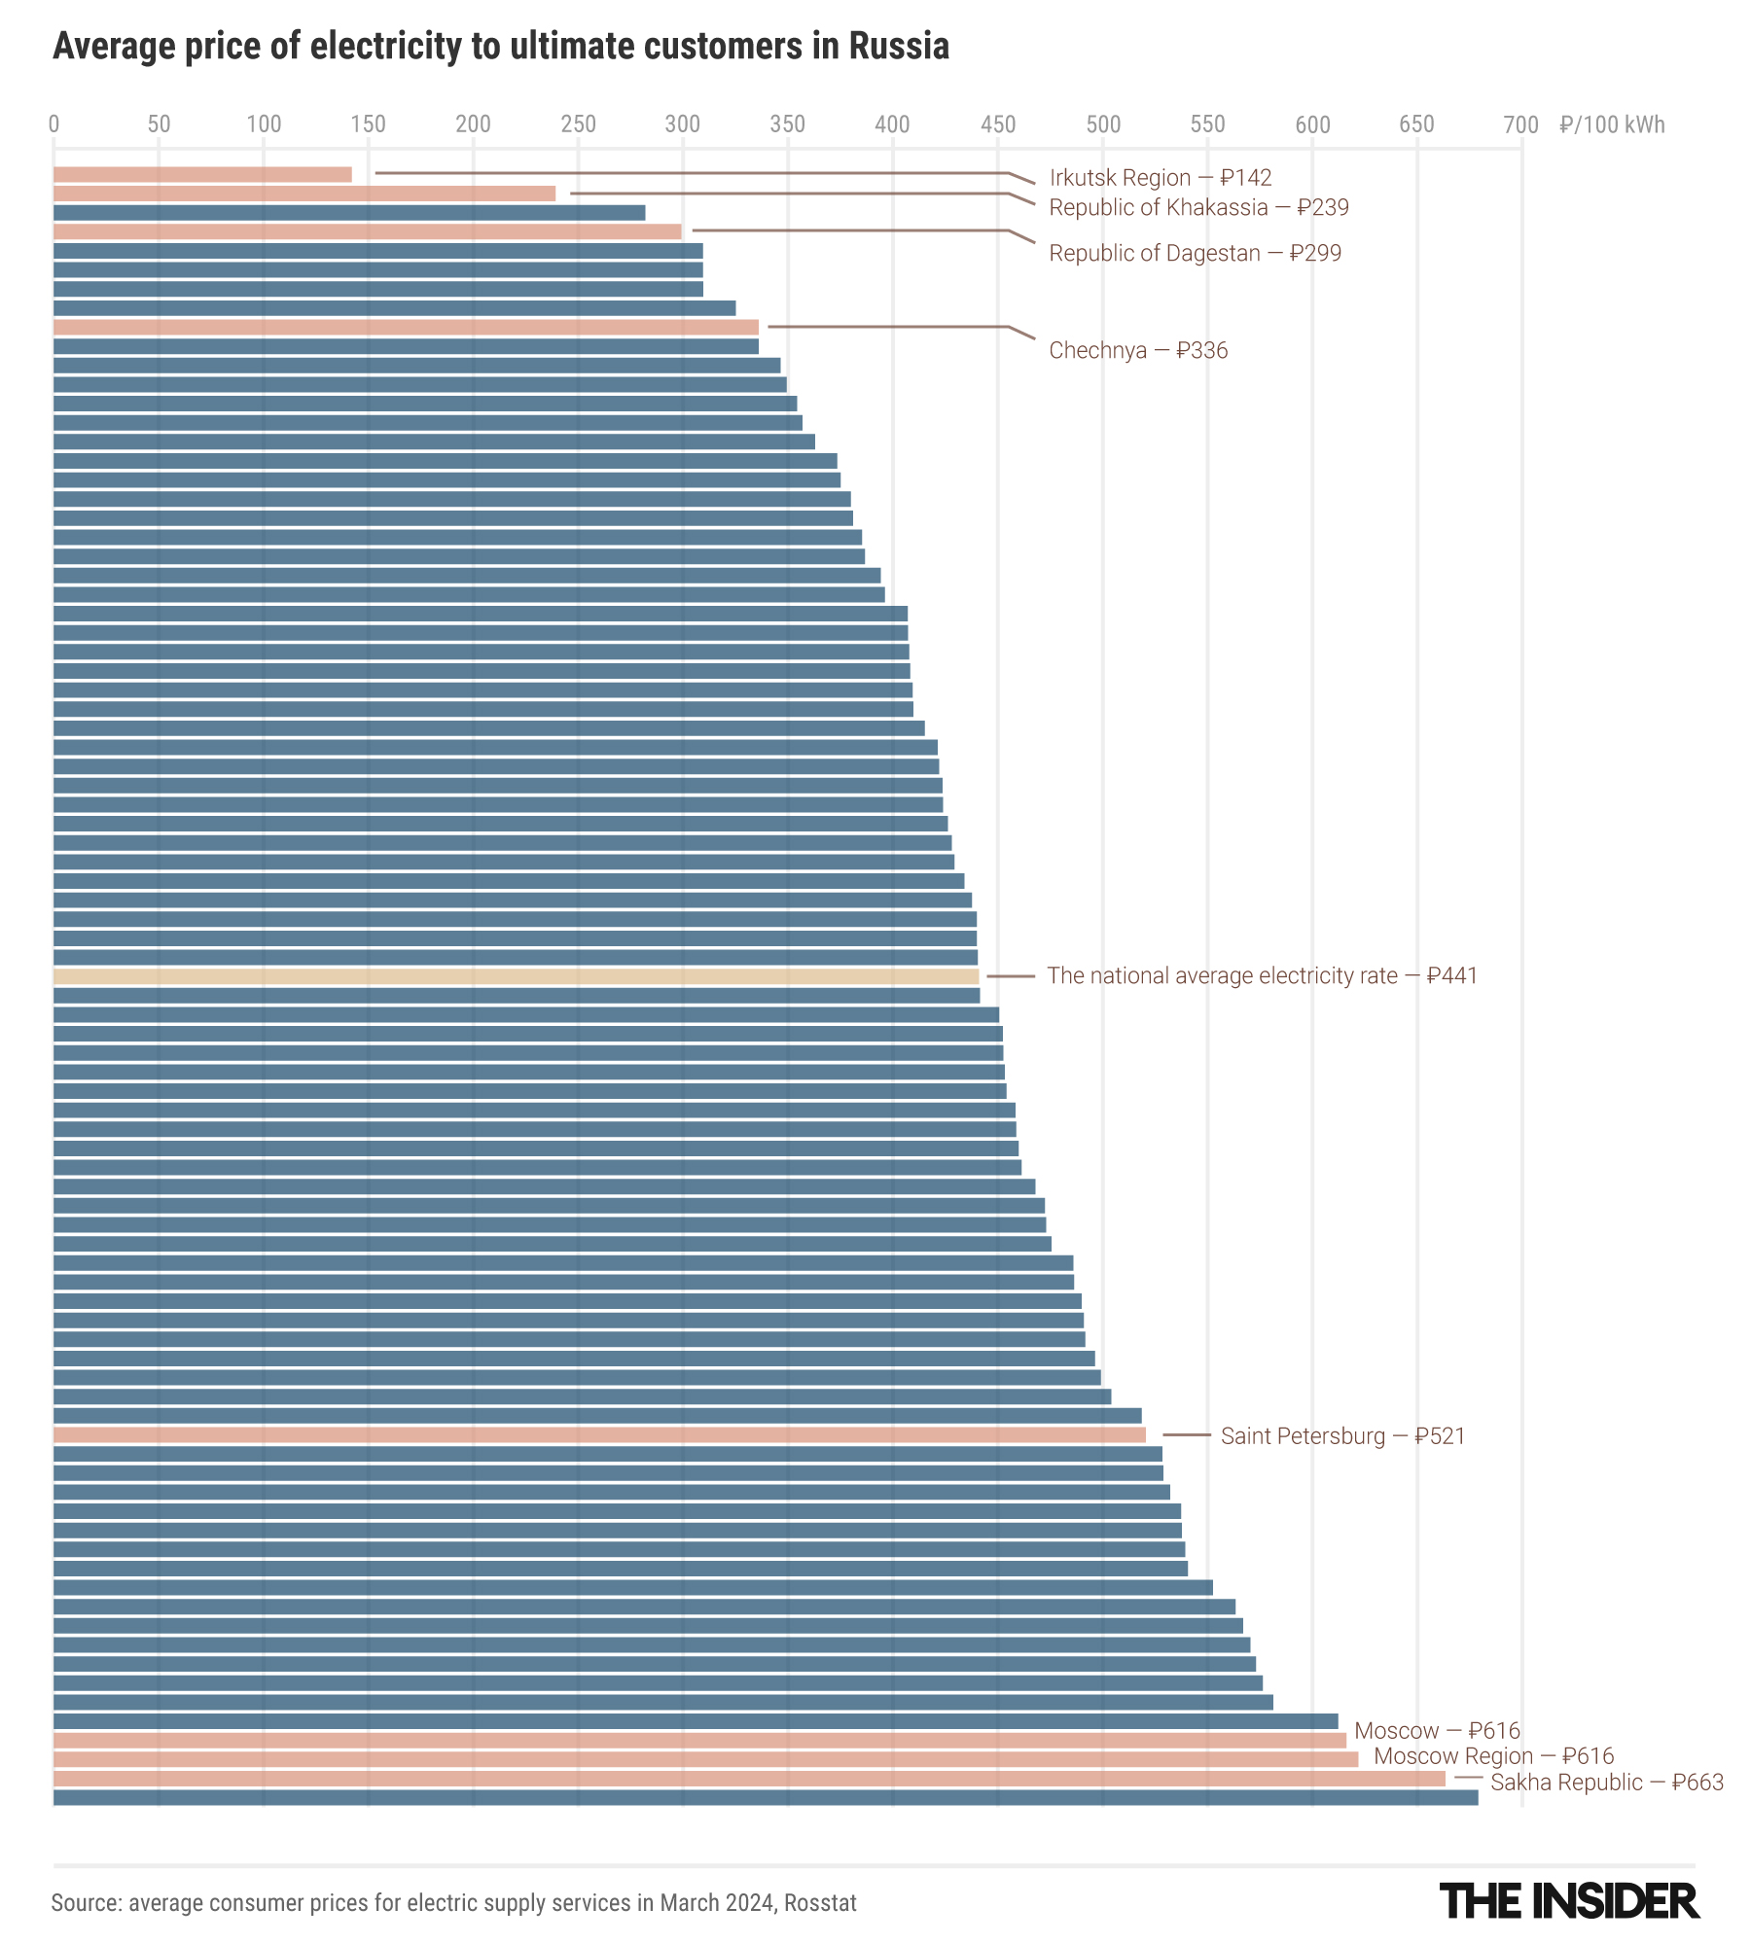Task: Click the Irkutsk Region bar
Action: click(202, 175)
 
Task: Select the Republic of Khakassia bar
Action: click(304, 194)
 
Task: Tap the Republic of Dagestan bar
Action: click(367, 231)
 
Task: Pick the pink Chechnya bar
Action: click(406, 328)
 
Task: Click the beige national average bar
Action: click(516, 976)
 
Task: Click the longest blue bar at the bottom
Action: click(766, 1798)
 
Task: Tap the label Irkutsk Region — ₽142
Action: click(1160, 178)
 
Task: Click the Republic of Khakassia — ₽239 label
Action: click(1198, 208)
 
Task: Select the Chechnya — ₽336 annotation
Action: click(1138, 350)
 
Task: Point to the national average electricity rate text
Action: click(1262, 976)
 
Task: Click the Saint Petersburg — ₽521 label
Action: click(1342, 1436)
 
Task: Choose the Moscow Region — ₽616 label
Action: click(1493, 1756)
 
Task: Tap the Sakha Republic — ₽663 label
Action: click(1606, 1783)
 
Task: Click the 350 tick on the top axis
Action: click(787, 124)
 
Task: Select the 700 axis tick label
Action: click(1520, 124)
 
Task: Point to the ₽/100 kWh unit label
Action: click(1612, 124)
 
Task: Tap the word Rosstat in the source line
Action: click(820, 1903)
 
